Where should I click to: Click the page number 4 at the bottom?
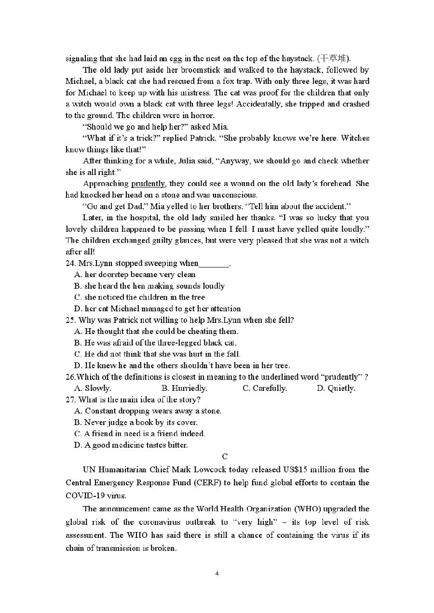coord(217,573)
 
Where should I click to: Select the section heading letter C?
coord(225,456)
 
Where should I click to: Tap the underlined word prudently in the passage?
coord(148,184)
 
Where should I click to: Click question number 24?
coord(70,263)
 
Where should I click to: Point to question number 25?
coord(70,320)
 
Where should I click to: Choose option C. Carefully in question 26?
coord(265,388)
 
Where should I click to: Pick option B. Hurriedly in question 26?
coord(184,388)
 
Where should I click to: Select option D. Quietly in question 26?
coord(336,388)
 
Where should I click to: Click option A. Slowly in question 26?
coord(93,388)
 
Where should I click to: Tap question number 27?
coord(70,400)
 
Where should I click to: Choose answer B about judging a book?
coord(136,422)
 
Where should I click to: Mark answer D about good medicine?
coord(131,445)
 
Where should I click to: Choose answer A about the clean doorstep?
coord(135,275)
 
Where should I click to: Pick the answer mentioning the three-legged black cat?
coord(155,343)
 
